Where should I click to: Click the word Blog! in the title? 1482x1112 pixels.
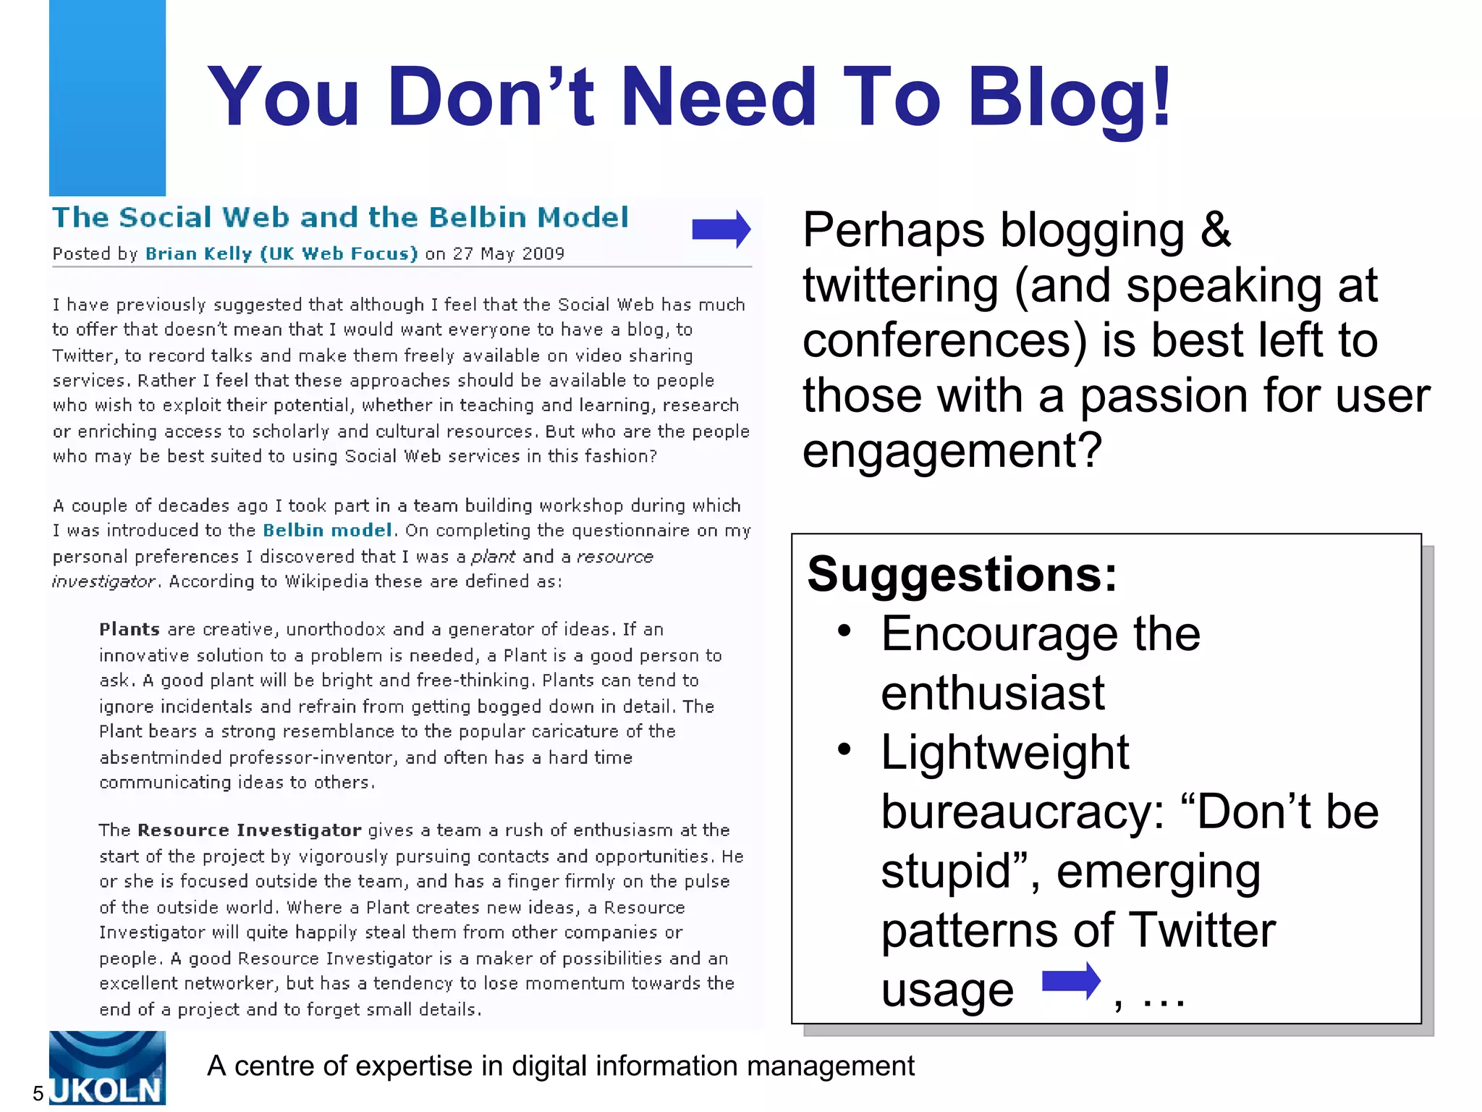[x=1069, y=98]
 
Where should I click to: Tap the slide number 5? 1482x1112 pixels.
[x=38, y=1093]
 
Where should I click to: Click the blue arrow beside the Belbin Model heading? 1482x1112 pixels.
[x=721, y=229]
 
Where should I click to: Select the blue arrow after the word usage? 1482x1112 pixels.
[x=1071, y=982]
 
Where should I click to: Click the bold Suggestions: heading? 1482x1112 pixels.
[x=962, y=575]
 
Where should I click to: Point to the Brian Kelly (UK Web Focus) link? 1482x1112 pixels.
[x=281, y=254]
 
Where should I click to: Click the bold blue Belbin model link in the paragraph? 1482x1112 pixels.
[x=327, y=531]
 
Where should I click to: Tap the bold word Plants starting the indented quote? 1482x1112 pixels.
[x=130, y=629]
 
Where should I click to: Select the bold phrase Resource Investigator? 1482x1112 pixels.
[x=250, y=830]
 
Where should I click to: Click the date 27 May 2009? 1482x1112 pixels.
[x=508, y=254]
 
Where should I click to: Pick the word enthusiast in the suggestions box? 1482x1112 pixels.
[x=993, y=693]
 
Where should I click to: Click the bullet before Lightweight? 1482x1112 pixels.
[x=844, y=749]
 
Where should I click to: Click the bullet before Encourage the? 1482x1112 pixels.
[x=844, y=631]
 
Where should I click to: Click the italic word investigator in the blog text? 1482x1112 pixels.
[x=103, y=582]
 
